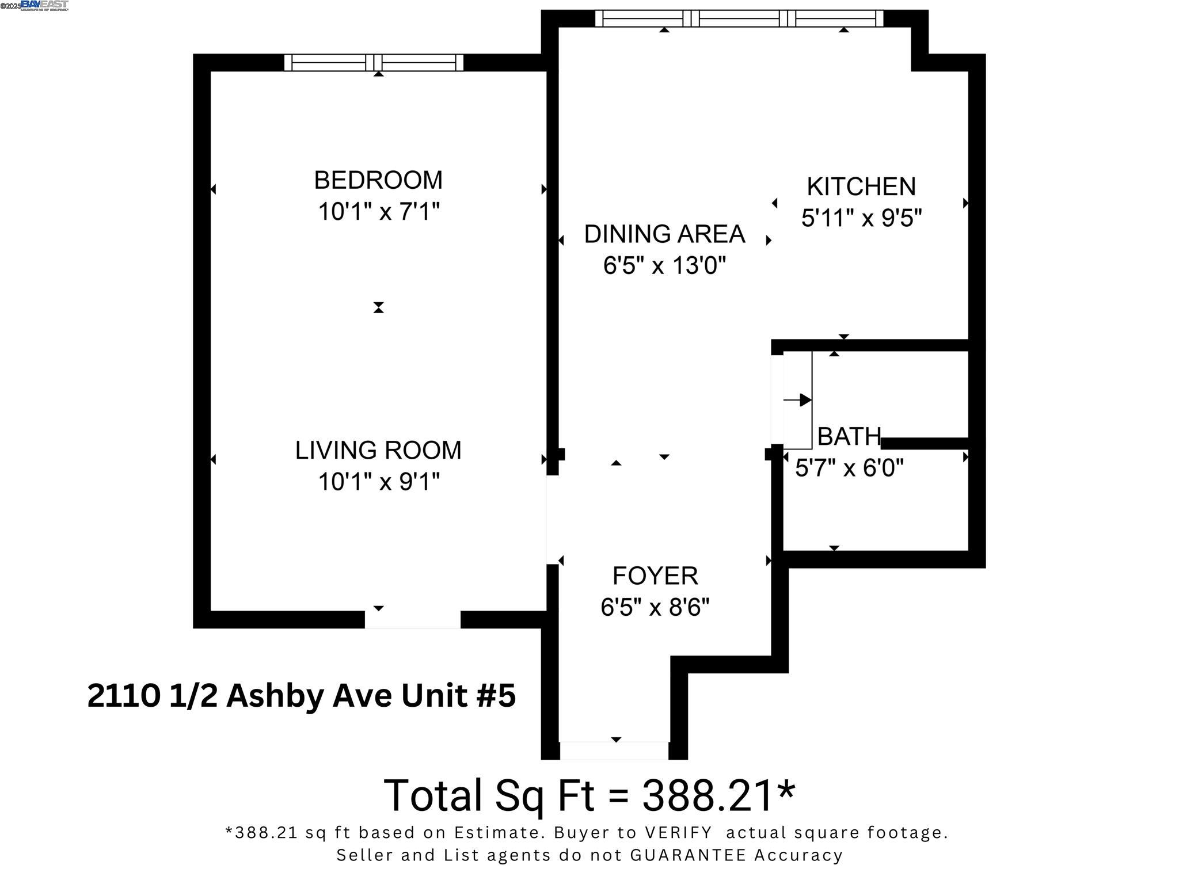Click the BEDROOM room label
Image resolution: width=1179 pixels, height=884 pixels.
click(378, 181)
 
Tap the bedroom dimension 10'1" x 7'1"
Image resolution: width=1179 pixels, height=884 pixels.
click(378, 212)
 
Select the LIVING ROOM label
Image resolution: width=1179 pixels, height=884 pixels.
click(378, 451)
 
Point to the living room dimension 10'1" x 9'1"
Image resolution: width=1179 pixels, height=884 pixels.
click(378, 482)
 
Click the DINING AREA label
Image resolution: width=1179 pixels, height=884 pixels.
click(664, 234)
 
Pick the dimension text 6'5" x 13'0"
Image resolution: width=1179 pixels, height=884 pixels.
click(664, 266)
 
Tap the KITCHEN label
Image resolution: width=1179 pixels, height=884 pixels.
click(861, 187)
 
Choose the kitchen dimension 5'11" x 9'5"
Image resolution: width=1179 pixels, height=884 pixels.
click(861, 218)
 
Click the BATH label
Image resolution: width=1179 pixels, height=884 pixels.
click(849, 437)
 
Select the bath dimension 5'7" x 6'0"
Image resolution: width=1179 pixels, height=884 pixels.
click(849, 468)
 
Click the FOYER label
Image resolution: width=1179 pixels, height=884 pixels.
click(655, 576)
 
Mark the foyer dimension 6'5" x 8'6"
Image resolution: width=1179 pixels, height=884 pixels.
click(655, 607)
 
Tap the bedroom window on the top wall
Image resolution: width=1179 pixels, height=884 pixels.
click(374, 62)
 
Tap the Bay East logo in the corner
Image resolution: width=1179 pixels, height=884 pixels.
click(44, 5)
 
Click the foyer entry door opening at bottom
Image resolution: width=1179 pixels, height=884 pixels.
click(614, 750)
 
